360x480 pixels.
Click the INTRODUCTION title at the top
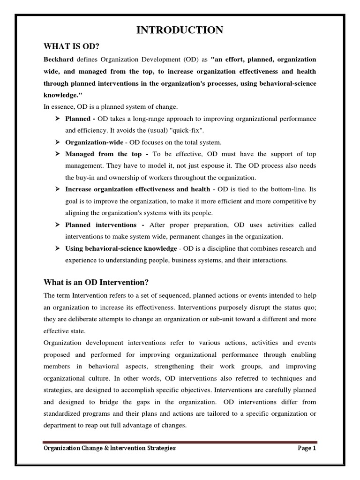180,30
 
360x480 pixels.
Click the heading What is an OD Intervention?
96,282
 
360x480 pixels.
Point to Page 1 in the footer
307,448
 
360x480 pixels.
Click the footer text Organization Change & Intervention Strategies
110,448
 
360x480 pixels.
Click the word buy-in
87,178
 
